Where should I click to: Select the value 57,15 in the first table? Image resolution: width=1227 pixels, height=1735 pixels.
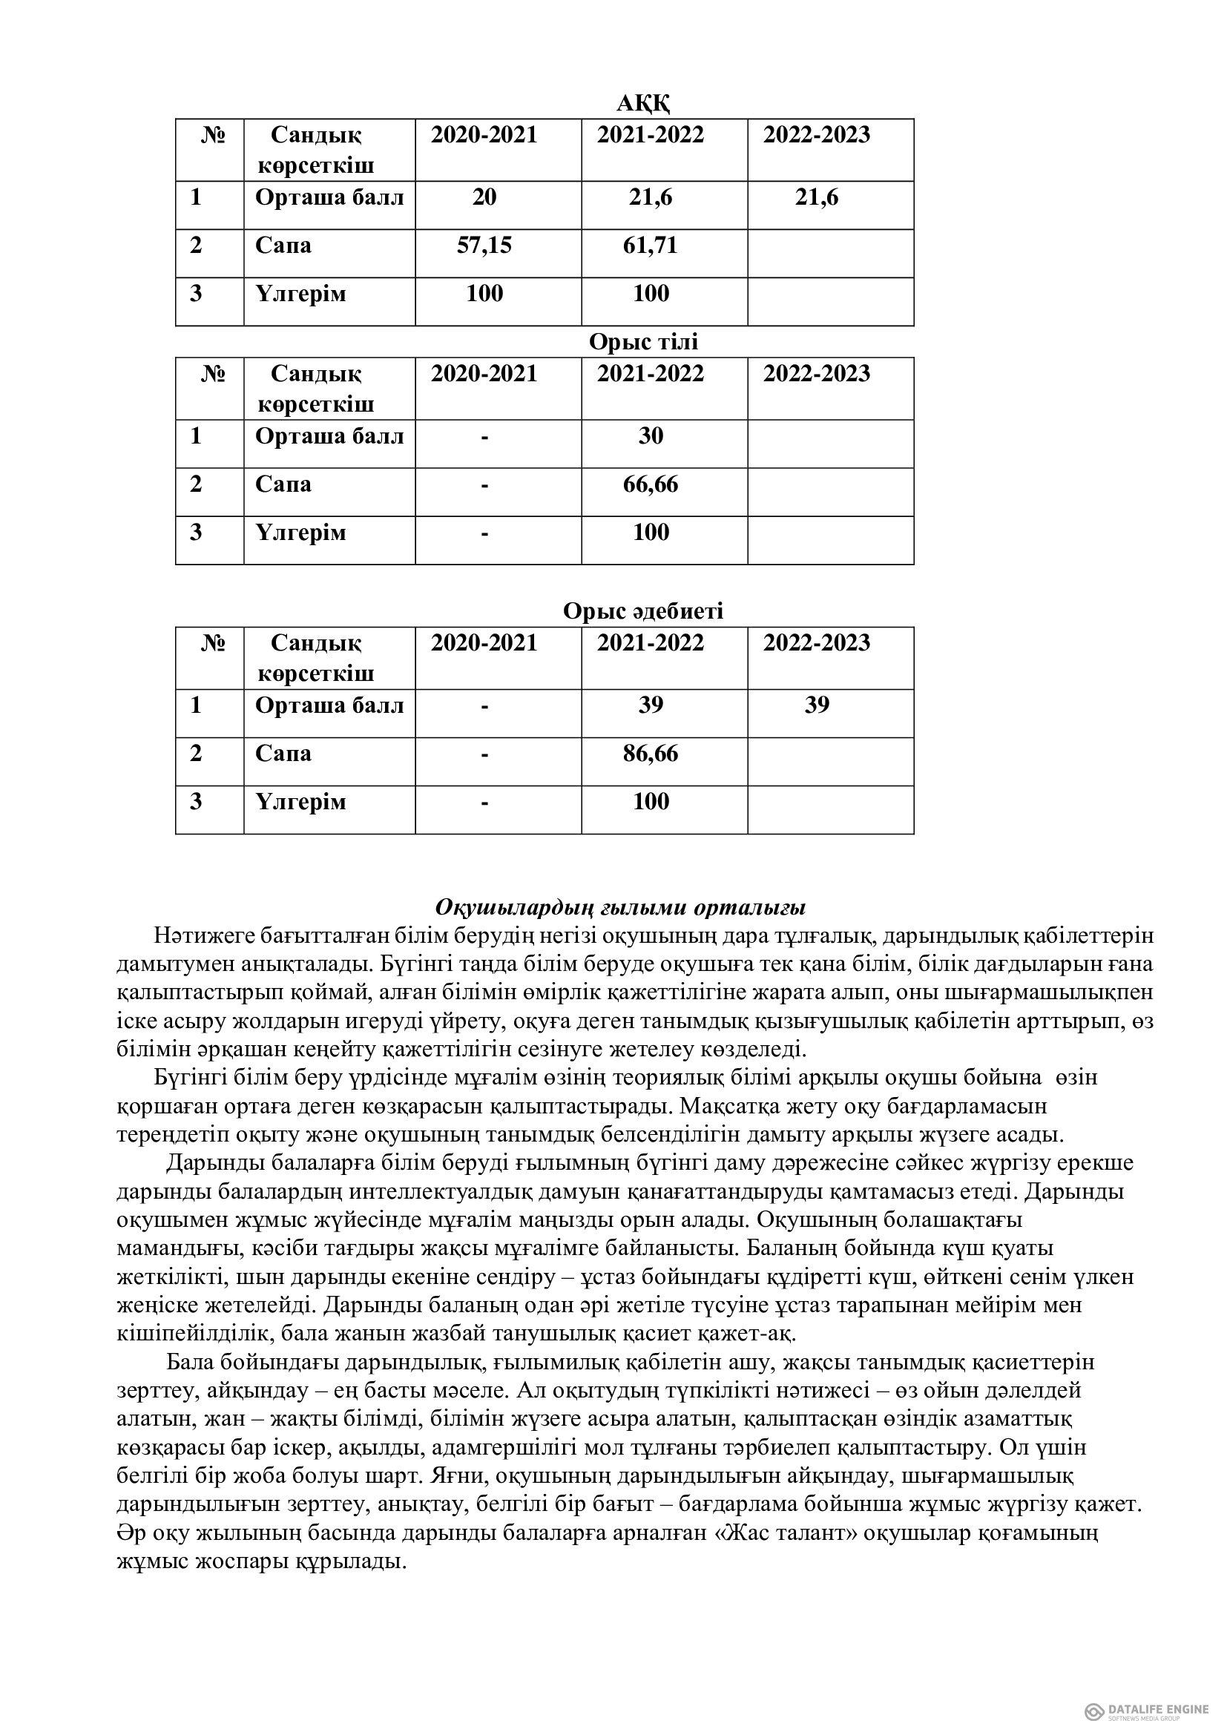click(x=484, y=246)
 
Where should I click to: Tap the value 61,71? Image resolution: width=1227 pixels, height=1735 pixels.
click(x=650, y=246)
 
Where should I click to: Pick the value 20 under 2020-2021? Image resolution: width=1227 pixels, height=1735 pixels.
click(x=484, y=197)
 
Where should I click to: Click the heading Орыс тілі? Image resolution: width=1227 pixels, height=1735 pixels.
click(x=643, y=342)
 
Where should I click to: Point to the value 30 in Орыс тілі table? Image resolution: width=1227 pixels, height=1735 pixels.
click(x=651, y=436)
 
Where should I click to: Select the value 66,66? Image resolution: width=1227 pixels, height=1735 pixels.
click(x=651, y=484)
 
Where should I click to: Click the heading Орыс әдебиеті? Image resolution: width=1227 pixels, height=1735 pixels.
click(x=643, y=610)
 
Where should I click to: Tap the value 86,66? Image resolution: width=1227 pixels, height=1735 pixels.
click(x=651, y=754)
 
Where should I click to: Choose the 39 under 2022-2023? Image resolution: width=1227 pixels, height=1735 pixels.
click(x=817, y=705)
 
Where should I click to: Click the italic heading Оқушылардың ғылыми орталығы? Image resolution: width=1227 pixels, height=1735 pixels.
click(x=621, y=906)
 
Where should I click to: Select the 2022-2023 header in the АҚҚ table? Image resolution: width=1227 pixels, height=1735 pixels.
click(x=816, y=135)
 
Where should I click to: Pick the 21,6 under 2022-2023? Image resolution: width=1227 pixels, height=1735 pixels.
click(x=817, y=198)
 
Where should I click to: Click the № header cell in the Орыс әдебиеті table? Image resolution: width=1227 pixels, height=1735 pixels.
click(x=214, y=644)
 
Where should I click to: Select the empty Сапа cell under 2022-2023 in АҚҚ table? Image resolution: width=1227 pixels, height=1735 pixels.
click(x=830, y=253)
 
